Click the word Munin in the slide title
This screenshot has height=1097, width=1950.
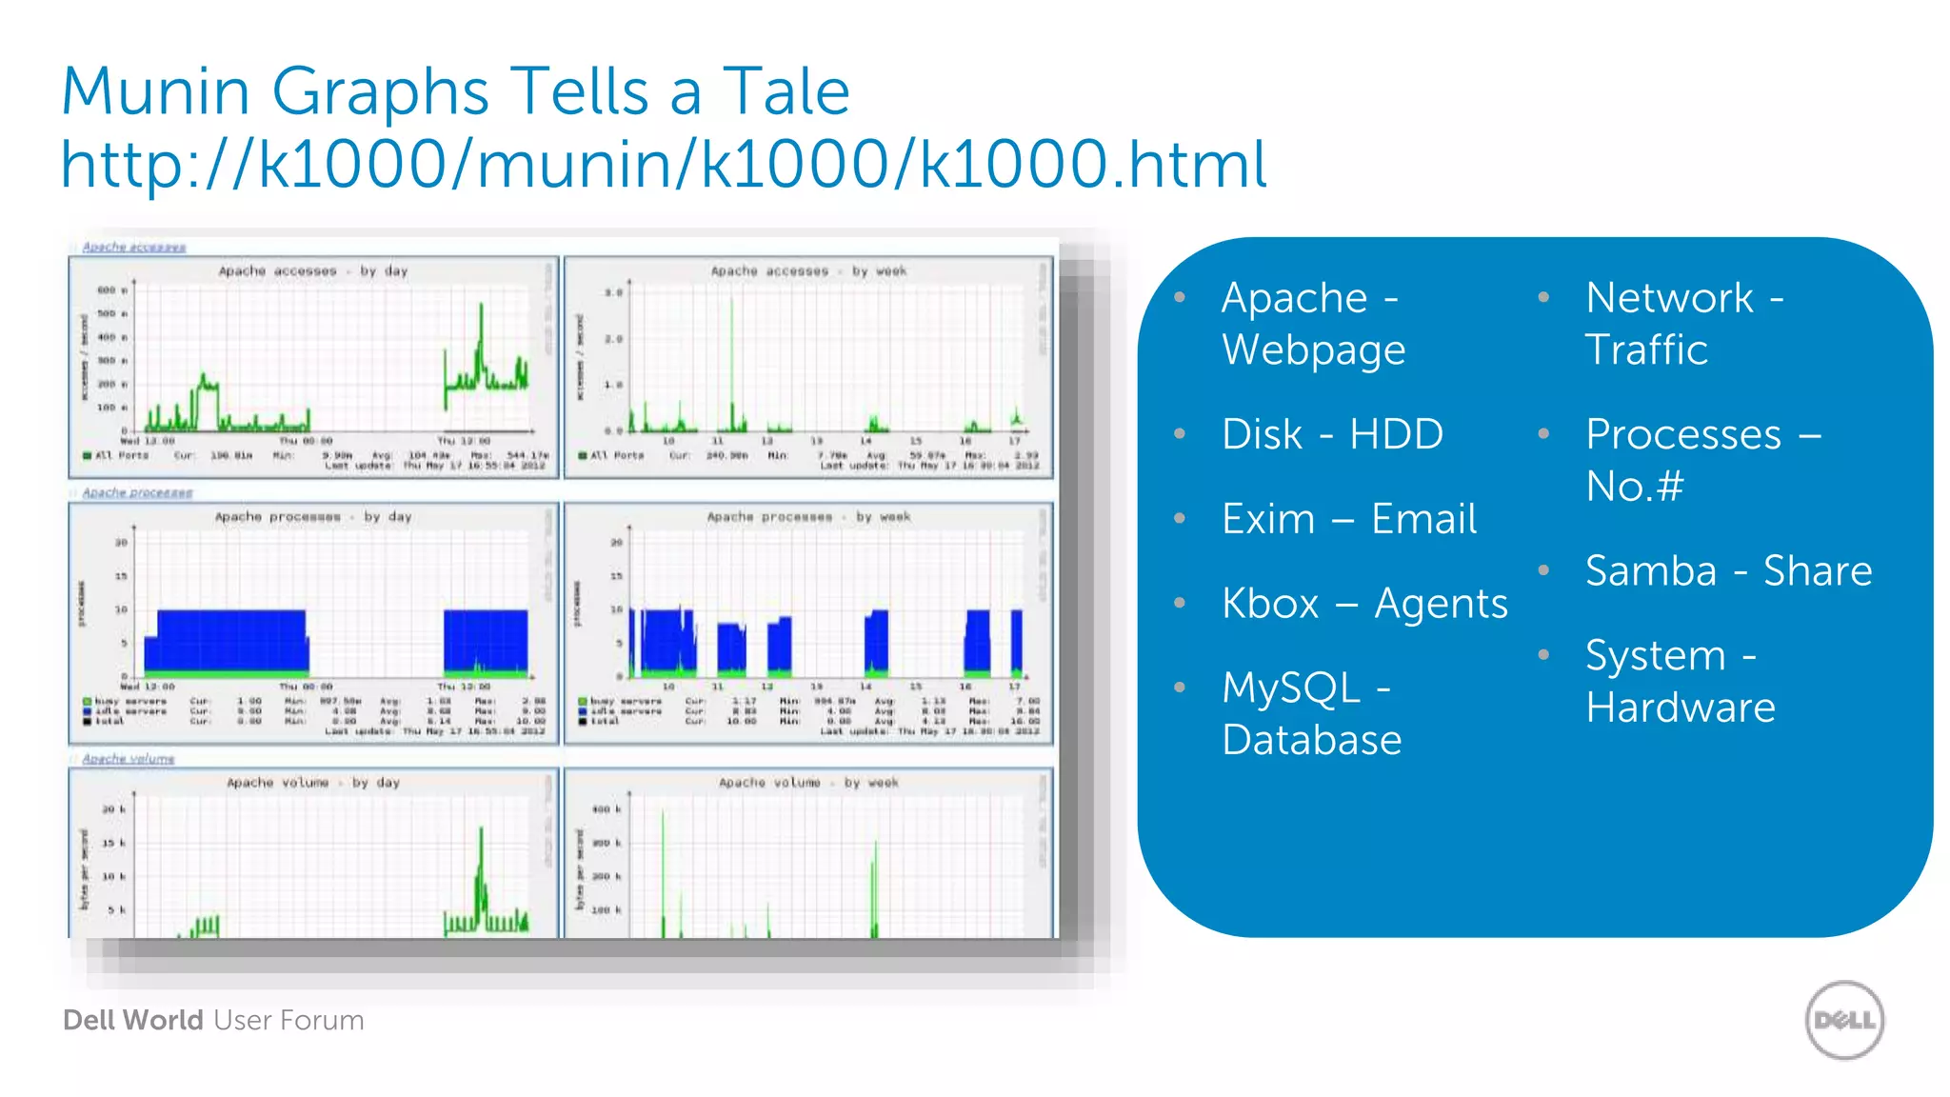coord(156,92)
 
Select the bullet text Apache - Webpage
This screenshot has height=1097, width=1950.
coord(1313,324)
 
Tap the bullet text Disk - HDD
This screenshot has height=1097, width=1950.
coord(1332,434)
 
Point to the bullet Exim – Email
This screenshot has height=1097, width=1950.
coord(1349,519)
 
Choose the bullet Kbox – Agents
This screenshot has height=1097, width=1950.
coord(1364,604)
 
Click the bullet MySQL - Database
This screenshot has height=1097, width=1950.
coord(1311,713)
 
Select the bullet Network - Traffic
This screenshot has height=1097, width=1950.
coord(1683,324)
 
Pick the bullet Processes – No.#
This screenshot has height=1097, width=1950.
coord(1702,460)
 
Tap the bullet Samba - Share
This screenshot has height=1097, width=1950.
coord(1728,571)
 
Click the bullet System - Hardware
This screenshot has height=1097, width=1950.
coord(1680,681)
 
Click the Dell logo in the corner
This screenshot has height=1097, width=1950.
coord(1844,1020)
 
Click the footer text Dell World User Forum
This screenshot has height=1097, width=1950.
coord(213,1020)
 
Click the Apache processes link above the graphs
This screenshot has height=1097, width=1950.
coord(137,492)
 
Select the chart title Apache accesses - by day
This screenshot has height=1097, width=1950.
coord(313,271)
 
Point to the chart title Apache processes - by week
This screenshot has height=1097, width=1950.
coord(808,517)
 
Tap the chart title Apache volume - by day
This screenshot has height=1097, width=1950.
coord(313,783)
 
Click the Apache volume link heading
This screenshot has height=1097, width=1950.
coord(129,759)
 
